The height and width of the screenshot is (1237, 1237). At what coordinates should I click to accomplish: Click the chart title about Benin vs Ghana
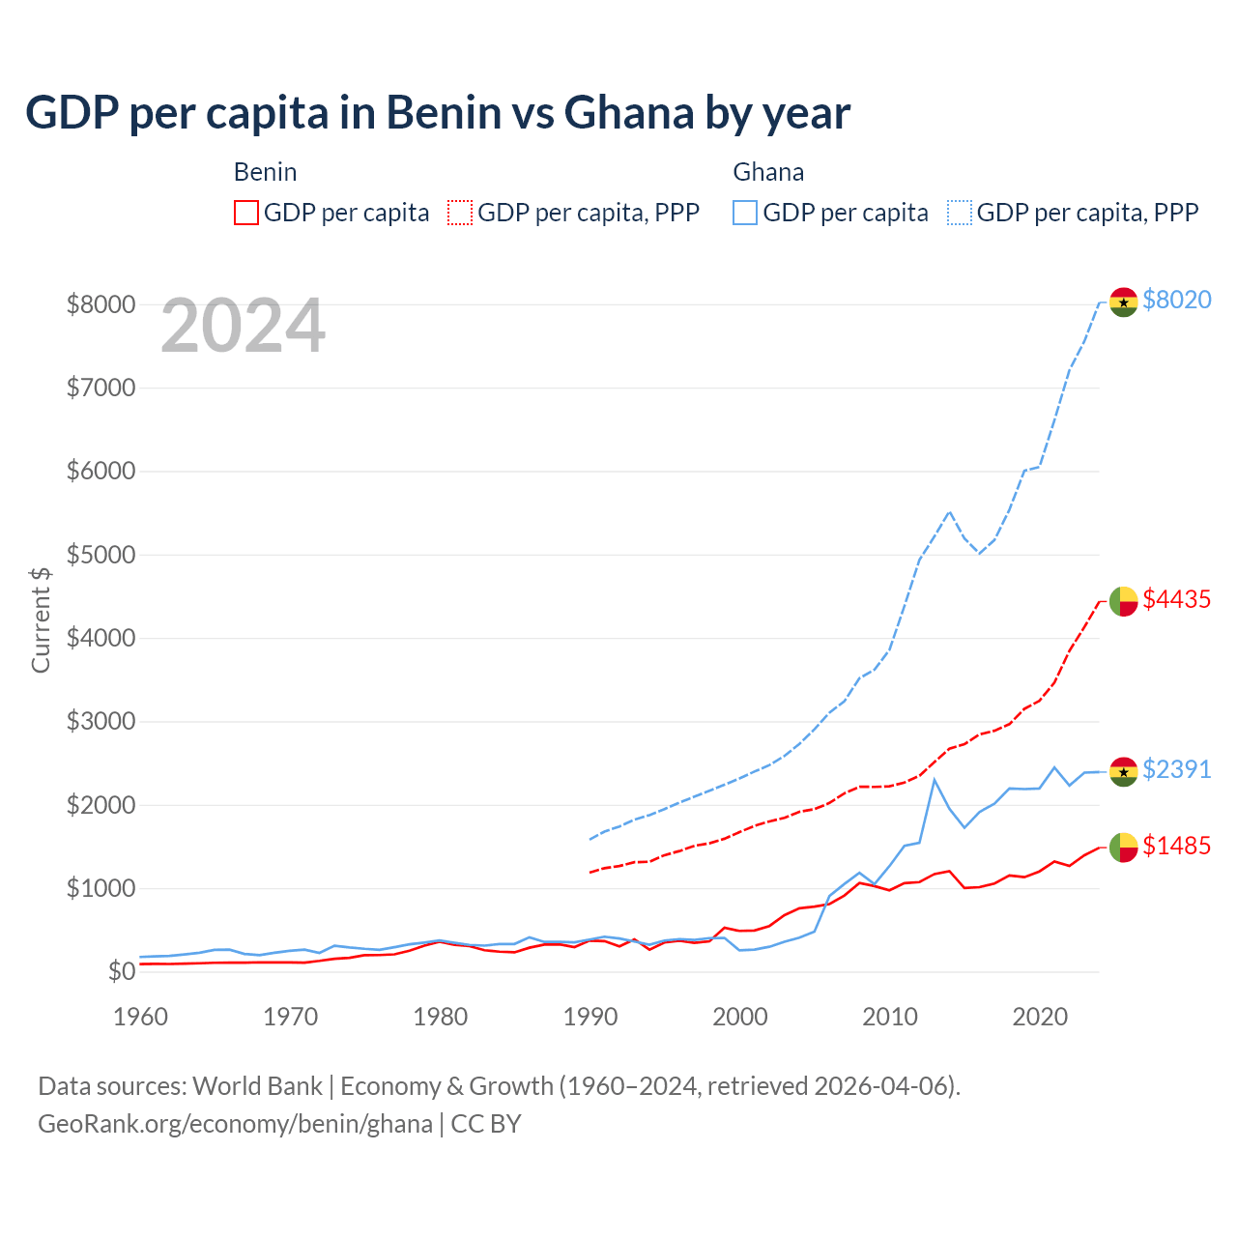[438, 113]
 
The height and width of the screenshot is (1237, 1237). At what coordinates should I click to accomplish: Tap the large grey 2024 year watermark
[243, 327]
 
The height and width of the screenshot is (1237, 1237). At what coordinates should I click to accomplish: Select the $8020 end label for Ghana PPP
[1176, 300]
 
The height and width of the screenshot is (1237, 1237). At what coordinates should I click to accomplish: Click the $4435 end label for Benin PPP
[1176, 599]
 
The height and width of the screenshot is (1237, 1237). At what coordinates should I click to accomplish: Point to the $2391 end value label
[1176, 769]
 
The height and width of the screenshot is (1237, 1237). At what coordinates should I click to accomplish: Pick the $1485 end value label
[1176, 846]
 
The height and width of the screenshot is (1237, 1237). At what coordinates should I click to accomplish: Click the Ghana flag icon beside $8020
[1123, 302]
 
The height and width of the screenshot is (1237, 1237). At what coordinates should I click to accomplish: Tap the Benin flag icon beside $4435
[1123, 601]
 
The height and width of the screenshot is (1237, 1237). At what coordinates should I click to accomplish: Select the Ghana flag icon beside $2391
[1123, 771]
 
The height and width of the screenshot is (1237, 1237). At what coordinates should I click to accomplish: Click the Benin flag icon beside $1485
[1123, 848]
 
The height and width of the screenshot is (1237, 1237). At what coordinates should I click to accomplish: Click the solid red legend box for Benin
[246, 213]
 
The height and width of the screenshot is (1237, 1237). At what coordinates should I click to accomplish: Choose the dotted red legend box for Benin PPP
[460, 213]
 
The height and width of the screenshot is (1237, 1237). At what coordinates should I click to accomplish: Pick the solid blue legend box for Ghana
[745, 213]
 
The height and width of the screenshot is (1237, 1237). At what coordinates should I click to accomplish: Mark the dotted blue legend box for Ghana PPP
[960, 213]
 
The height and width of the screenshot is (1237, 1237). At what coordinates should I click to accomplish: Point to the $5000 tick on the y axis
[101, 555]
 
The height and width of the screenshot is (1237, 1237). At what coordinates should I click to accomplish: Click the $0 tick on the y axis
[121, 971]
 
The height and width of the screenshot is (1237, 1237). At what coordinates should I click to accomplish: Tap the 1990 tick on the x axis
[590, 1017]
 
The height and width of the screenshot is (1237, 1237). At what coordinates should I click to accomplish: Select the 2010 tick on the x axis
[890, 1017]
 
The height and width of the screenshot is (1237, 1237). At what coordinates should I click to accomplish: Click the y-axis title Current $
[41, 618]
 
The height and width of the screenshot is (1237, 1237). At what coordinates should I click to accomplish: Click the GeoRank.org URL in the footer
[235, 1124]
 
